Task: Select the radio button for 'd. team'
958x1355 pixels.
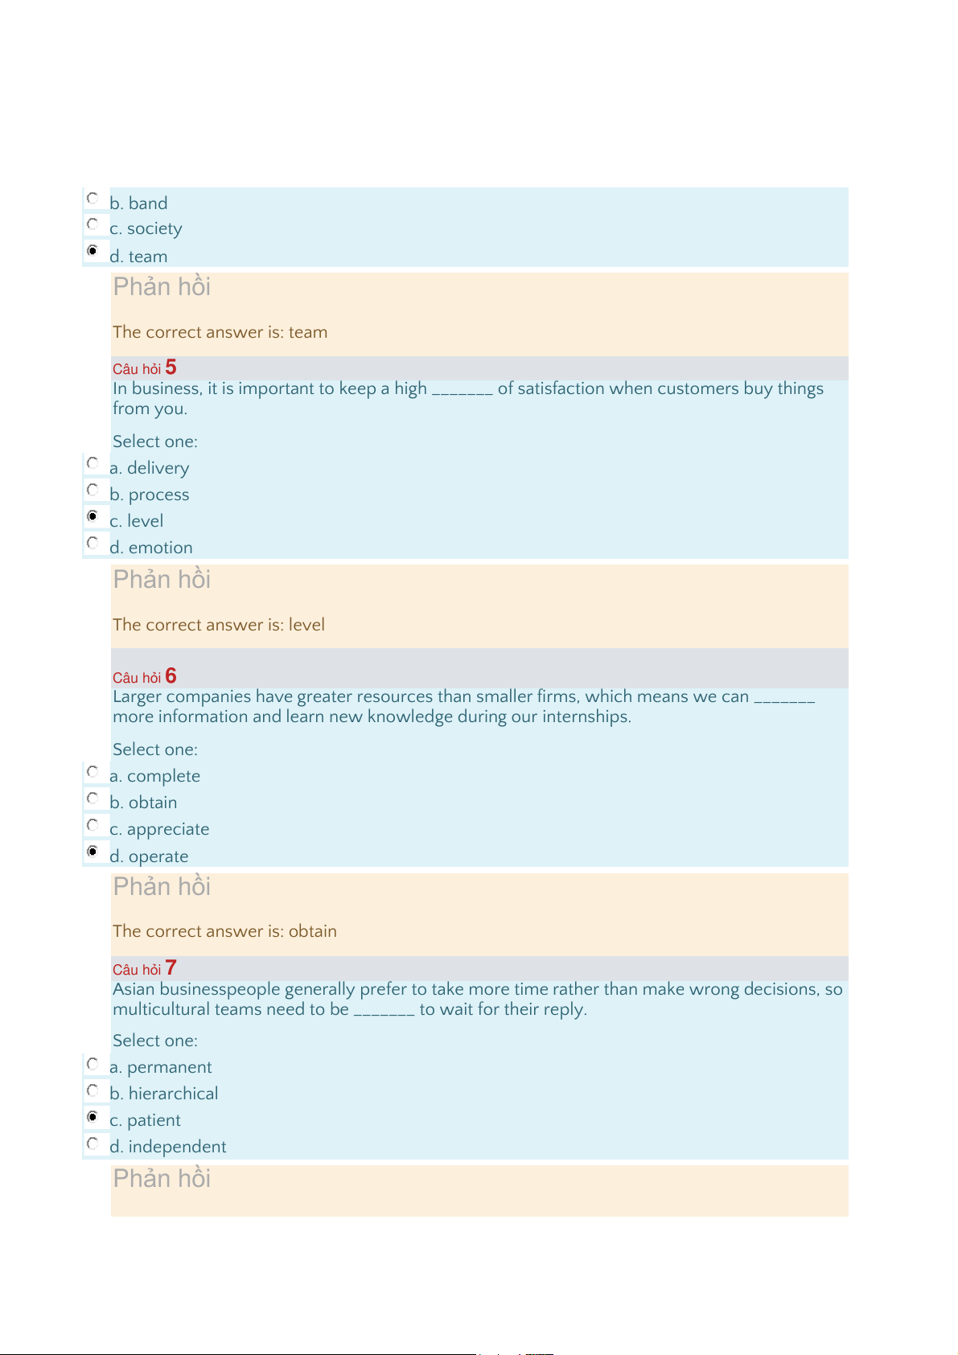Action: click(93, 251)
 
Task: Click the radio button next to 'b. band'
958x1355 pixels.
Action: click(93, 198)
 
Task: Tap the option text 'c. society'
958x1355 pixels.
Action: click(146, 229)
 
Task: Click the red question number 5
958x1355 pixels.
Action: click(171, 367)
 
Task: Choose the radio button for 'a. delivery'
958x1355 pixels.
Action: click(93, 463)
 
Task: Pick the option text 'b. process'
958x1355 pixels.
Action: click(150, 495)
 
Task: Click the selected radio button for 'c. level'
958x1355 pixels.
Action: click(93, 516)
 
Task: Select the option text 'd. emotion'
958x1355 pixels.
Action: click(151, 548)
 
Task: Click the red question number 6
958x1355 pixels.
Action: click(171, 676)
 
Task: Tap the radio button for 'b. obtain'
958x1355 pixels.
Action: click(93, 798)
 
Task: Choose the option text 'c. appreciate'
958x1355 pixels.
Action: click(159, 829)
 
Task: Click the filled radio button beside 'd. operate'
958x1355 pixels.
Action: click(93, 851)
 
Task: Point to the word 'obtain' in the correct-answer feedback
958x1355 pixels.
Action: click(313, 931)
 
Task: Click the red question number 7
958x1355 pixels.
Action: click(171, 968)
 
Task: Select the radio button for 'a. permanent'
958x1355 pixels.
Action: click(93, 1064)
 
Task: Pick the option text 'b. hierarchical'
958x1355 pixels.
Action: click(164, 1094)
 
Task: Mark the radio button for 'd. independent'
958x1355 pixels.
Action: click(93, 1143)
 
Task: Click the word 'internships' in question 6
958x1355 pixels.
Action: click(585, 717)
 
